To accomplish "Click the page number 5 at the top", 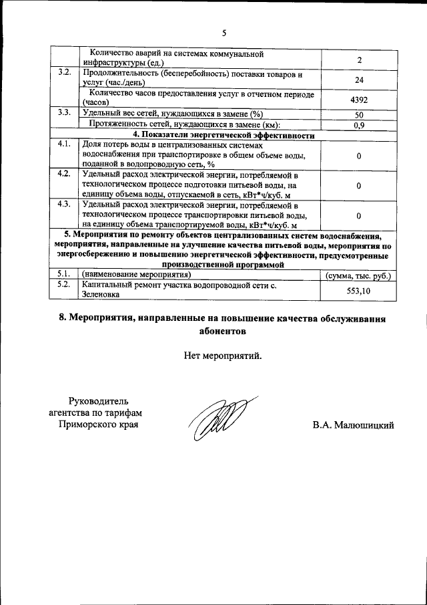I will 224,32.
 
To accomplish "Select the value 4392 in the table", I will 359,100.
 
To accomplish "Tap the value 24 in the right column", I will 359,79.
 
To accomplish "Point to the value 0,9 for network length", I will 359,125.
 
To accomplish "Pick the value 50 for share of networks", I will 359,115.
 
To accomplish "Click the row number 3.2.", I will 64,72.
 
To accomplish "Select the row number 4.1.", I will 64,144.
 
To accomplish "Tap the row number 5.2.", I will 64,285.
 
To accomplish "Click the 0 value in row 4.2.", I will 359,185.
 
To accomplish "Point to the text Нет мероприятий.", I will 224,355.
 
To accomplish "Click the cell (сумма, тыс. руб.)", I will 358,275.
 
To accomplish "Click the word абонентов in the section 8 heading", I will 224,330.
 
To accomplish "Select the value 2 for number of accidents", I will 359,60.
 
